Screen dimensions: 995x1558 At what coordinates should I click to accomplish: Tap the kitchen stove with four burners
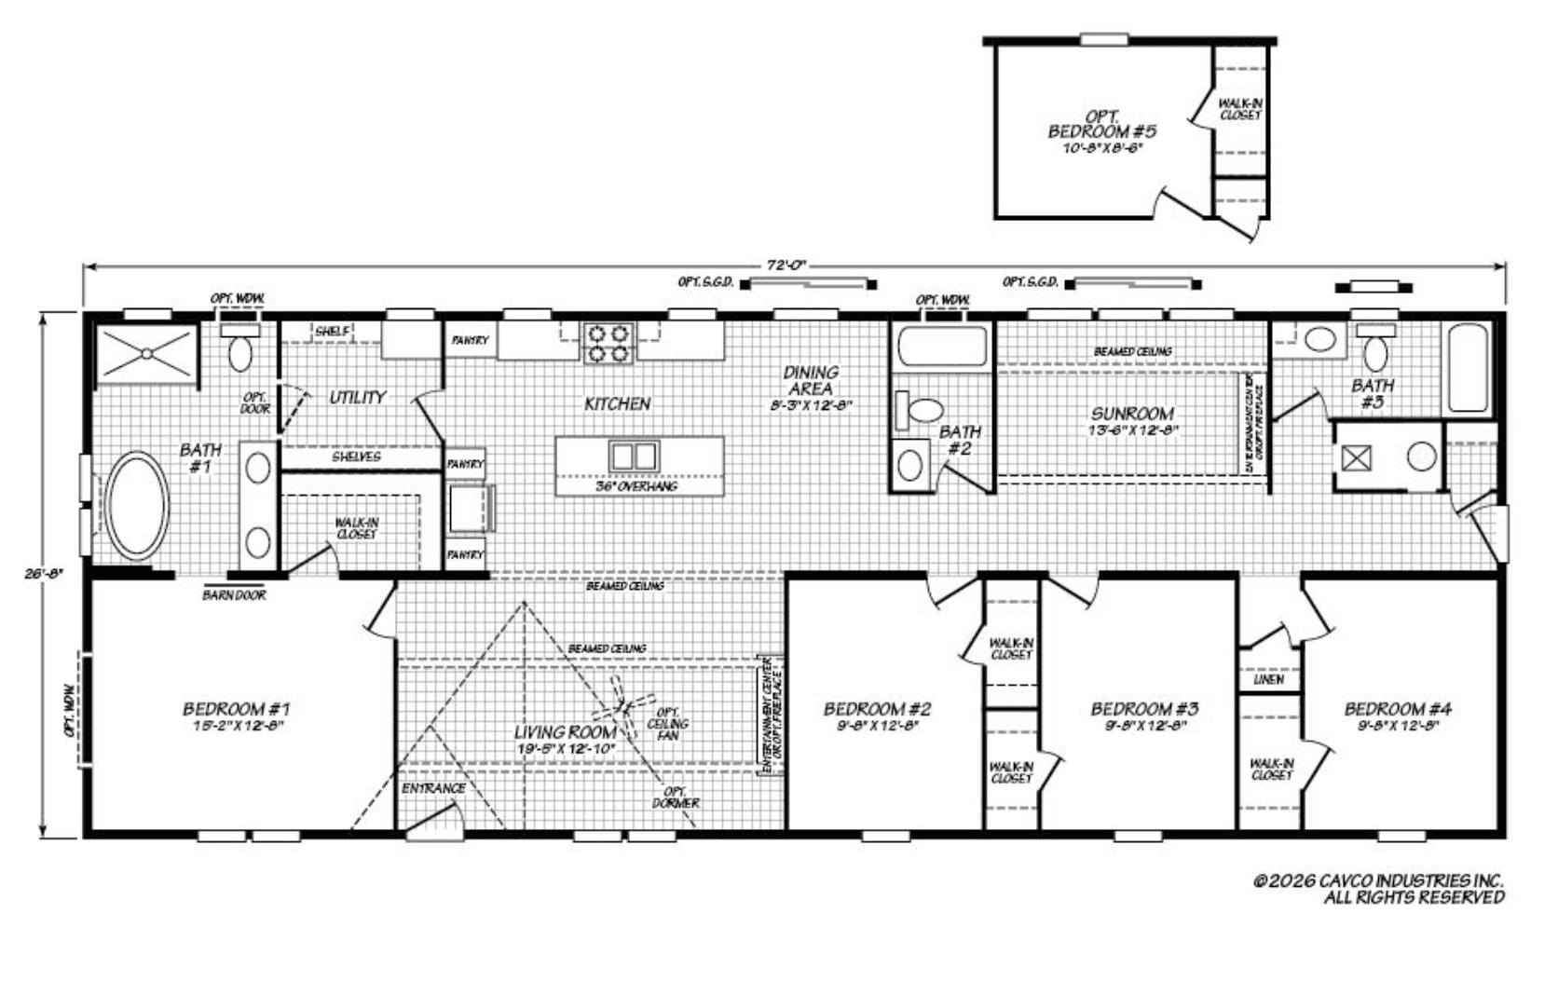point(608,342)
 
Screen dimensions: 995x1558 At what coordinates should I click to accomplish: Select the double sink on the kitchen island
point(634,457)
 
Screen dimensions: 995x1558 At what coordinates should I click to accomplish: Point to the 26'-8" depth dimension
point(43,574)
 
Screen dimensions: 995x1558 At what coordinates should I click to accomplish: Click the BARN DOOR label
point(234,594)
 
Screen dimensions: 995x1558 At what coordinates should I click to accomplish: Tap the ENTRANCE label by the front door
point(433,788)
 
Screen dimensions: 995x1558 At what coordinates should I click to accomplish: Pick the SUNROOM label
point(1132,413)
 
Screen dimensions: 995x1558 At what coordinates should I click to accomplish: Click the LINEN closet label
point(1268,679)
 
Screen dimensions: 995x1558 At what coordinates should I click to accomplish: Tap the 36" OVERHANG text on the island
point(636,486)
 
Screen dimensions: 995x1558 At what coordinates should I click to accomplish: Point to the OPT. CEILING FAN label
point(668,724)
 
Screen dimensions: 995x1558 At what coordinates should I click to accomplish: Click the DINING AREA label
point(811,380)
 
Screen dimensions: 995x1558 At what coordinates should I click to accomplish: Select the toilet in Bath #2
point(923,411)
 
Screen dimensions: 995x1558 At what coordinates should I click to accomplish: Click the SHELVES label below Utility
point(356,457)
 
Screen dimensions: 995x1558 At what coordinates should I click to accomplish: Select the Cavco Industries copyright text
point(1378,889)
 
